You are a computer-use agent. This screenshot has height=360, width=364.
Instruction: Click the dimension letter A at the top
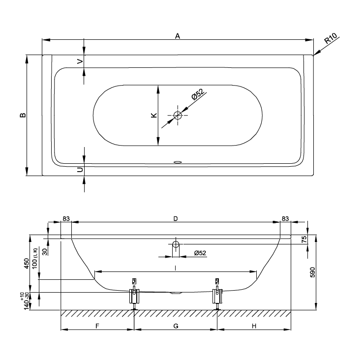[178, 36]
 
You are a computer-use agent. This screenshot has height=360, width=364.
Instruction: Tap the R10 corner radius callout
[331, 38]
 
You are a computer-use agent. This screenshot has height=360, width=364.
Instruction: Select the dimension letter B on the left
[23, 115]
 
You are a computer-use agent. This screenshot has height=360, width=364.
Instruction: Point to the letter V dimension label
[80, 61]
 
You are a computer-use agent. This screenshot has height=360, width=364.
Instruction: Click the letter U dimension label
[80, 170]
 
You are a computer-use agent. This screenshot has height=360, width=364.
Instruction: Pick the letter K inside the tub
[154, 115]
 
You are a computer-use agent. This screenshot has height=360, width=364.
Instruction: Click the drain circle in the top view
[178, 115]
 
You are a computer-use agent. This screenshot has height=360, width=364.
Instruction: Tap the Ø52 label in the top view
[198, 94]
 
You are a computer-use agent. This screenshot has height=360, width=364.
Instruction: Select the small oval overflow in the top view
[178, 162]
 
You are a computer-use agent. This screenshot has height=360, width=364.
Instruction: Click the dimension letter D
[176, 218]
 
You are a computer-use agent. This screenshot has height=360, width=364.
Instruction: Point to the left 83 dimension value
[66, 218]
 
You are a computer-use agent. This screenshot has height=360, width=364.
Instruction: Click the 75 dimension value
[304, 239]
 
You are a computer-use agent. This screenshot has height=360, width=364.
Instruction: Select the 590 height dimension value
[312, 272]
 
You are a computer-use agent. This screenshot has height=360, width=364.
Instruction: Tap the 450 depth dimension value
[27, 264]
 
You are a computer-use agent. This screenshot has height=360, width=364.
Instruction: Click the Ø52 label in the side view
[200, 253]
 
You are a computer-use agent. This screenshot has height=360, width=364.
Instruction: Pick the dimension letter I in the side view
[176, 268]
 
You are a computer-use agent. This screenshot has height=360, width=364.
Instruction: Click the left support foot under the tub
[134, 299]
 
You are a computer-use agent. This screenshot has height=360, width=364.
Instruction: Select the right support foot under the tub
[217, 299]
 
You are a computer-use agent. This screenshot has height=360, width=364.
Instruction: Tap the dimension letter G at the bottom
[176, 326]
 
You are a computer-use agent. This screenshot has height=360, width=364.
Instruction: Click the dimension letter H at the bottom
[254, 326]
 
